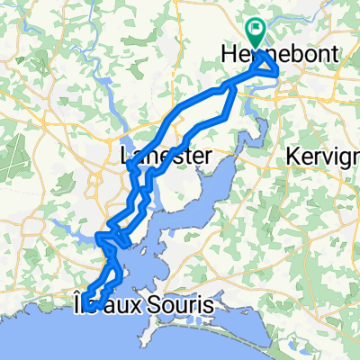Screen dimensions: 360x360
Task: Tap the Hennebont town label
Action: pos(280,56)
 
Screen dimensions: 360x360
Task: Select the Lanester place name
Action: pos(166,156)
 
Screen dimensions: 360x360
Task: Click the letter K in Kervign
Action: pos(292,156)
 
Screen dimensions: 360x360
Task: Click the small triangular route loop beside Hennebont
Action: pos(265,68)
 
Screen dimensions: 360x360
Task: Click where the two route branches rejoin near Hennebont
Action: pos(236,85)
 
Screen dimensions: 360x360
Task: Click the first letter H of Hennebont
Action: pos(227,56)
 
